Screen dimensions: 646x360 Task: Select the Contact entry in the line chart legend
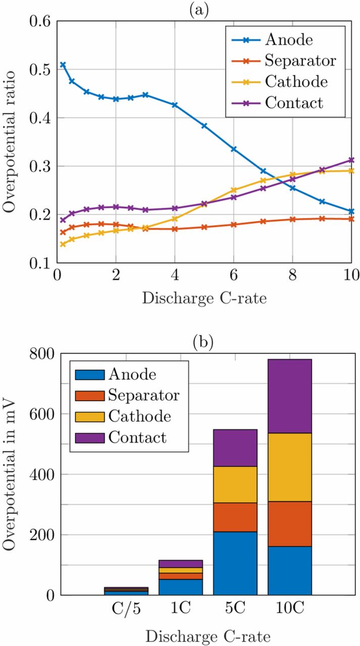point(293,103)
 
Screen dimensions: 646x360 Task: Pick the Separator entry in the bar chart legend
point(144,396)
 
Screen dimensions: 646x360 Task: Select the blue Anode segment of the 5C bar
point(235,563)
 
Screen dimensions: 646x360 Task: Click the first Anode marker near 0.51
point(63,65)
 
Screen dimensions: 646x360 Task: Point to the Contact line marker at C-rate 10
point(351,160)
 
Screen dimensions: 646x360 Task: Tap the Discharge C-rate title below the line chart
point(204,298)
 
